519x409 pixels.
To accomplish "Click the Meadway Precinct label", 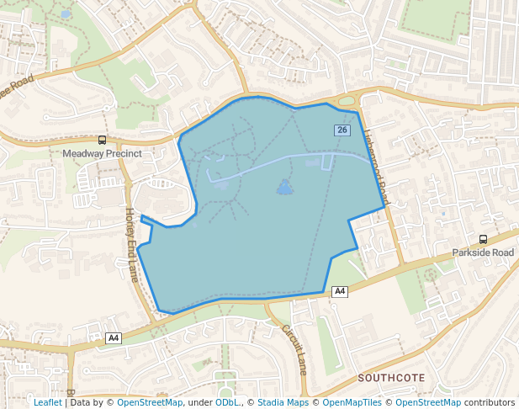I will tap(102, 155).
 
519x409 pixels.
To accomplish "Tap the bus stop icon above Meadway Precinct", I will tap(102, 141).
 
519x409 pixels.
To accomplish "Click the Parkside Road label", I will tap(483, 252).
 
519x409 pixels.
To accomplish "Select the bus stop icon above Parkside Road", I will tap(483, 239).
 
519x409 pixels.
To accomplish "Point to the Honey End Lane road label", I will tap(132, 245).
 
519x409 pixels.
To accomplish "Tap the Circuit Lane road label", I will tap(294, 349).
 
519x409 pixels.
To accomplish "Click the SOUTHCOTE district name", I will tap(391, 378).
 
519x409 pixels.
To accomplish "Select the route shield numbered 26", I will tap(342, 130).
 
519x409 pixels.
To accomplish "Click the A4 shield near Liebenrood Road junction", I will tap(339, 291).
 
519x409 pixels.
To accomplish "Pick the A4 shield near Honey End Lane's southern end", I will tap(114, 338).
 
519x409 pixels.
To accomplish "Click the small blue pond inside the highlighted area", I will tap(285, 187).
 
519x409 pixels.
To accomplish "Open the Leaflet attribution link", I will tap(48, 402).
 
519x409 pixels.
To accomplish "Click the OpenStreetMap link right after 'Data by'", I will tap(150, 402).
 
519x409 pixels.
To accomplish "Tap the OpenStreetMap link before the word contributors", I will tap(428, 402).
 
